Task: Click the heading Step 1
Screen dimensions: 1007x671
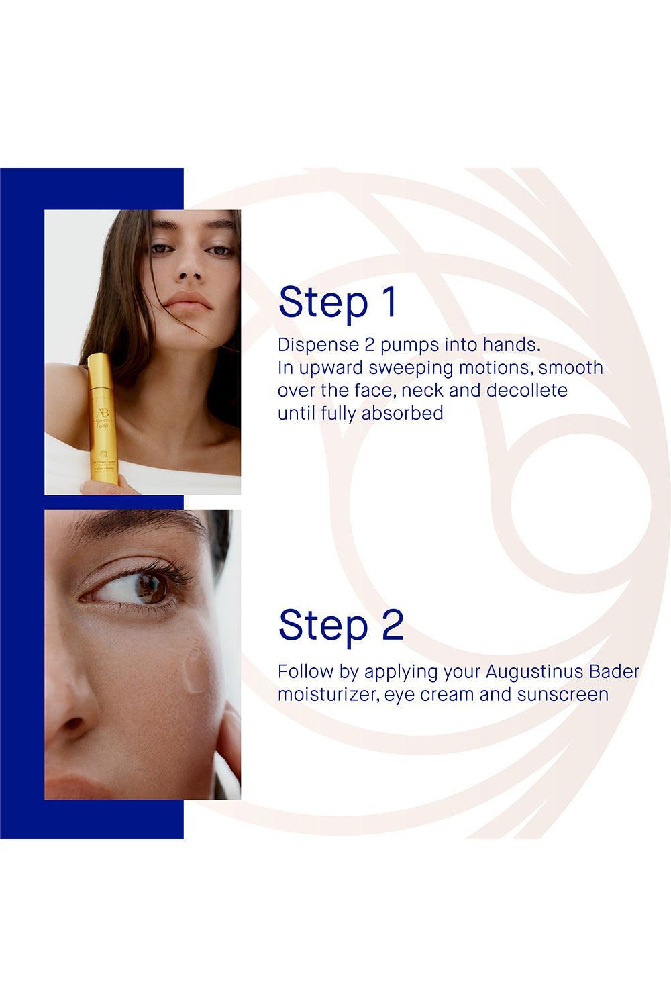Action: pyautogui.click(x=338, y=302)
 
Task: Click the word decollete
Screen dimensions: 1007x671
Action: pyautogui.click(x=527, y=390)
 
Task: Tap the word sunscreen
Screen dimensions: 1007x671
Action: pyautogui.click(x=562, y=693)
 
